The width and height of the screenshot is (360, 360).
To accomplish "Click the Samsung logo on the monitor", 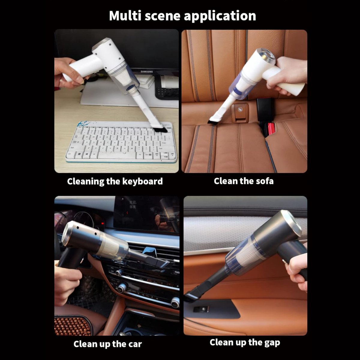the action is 147,72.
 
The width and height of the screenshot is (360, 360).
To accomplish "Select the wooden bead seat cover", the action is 72,326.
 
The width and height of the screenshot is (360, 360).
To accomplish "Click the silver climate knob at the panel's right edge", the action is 175,302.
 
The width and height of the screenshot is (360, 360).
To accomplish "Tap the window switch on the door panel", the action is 201,310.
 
